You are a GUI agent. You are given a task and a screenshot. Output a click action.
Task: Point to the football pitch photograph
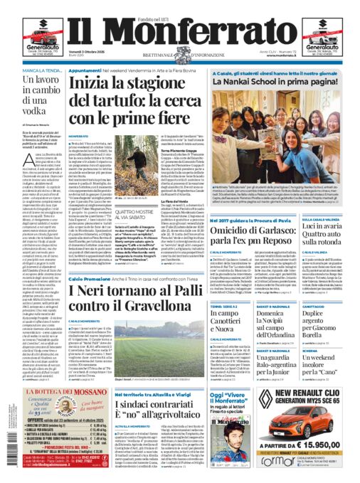pos(171,341)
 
